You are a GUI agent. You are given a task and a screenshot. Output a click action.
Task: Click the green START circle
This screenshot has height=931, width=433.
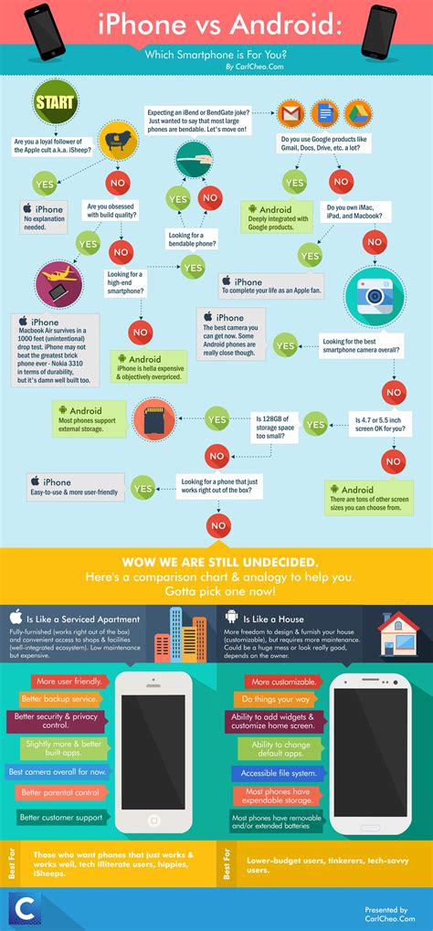[x=55, y=102]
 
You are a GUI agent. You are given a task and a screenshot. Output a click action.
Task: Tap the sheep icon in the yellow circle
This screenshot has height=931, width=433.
[x=118, y=142]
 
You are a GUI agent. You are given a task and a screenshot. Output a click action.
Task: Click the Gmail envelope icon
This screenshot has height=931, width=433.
[x=291, y=115]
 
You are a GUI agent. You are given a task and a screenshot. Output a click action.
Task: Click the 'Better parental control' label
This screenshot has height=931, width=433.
[x=62, y=792]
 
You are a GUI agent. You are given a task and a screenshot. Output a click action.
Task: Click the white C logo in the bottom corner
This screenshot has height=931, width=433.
[x=22, y=908]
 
